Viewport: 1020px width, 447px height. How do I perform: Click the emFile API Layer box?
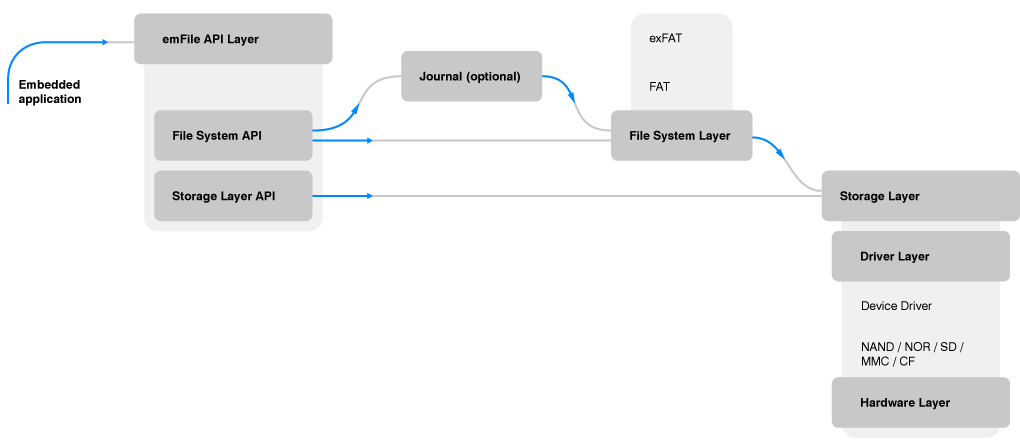pyautogui.click(x=232, y=40)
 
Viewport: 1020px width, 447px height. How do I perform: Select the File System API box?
pyautogui.click(x=233, y=135)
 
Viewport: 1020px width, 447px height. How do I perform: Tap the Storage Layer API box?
pyautogui.click(x=233, y=196)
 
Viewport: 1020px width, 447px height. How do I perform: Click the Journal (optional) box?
pyautogui.click(x=471, y=77)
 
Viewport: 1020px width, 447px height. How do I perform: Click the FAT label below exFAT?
pyautogui.click(x=659, y=87)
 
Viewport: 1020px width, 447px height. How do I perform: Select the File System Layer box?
pyautogui.click(x=681, y=135)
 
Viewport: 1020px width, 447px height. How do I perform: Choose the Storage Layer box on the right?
pyautogui.click(x=915, y=196)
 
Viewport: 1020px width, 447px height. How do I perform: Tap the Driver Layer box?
pyautogui.click(x=920, y=257)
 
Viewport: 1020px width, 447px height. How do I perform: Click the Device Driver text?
pyautogui.click(x=896, y=306)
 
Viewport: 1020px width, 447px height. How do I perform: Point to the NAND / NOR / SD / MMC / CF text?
pyautogui.click(x=911, y=354)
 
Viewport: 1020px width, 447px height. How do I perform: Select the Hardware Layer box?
pyautogui.click(x=920, y=403)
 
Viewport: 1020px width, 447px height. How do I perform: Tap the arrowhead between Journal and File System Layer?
pyautogui.click(x=573, y=96)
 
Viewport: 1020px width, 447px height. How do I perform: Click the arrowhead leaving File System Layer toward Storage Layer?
pyautogui.click(x=780, y=152)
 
